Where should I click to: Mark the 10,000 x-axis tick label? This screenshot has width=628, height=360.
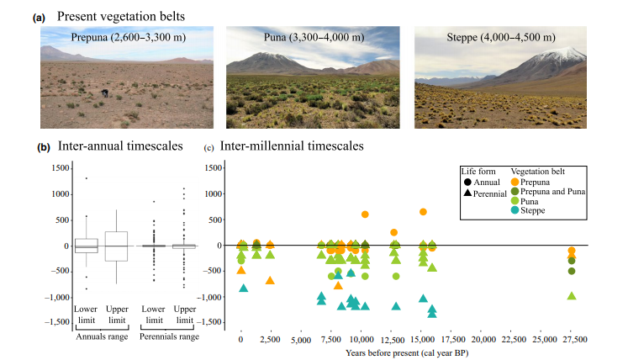(361, 339)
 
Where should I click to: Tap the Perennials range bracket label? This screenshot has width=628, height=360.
(172, 336)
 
